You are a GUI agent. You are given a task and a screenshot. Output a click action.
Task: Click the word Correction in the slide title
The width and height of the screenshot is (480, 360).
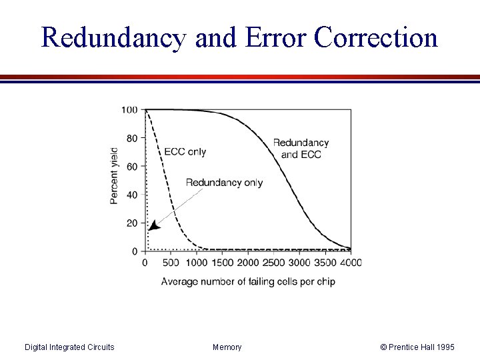[x=375, y=38]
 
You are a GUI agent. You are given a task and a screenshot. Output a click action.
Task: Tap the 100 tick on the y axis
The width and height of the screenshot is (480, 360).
[x=130, y=110]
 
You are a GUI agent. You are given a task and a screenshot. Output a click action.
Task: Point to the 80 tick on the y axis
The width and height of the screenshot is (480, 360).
[x=132, y=139]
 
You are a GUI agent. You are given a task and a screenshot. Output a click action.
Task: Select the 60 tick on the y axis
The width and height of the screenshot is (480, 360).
[x=132, y=167]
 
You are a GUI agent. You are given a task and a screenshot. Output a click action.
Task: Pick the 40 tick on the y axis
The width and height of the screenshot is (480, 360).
[x=132, y=195]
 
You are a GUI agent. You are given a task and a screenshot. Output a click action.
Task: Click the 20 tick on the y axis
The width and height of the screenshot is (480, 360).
[x=132, y=223]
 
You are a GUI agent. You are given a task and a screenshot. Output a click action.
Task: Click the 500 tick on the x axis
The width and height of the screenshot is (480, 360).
[x=171, y=263]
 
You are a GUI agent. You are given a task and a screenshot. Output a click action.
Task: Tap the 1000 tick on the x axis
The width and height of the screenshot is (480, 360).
[x=197, y=263]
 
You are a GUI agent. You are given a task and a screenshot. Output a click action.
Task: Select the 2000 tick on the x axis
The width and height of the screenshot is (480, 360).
[x=248, y=263]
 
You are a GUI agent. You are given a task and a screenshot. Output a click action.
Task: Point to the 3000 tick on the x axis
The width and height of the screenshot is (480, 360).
[x=299, y=263]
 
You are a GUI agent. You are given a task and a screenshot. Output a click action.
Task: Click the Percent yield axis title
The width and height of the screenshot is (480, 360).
[x=114, y=175]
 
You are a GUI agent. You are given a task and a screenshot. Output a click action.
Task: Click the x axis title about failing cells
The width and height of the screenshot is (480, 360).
[x=248, y=281]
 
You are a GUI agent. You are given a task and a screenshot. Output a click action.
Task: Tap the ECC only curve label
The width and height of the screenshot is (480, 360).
[x=185, y=151]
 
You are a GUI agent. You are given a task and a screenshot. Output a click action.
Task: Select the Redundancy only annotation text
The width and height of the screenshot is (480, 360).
[x=224, y=183]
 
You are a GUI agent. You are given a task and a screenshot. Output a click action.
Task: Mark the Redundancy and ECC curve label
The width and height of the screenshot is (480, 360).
[x=301, y=149]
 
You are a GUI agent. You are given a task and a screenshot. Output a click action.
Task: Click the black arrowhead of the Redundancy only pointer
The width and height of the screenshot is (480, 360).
[x=153, y=226]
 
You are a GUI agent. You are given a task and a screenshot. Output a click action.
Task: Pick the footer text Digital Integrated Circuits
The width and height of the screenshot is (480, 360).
[x=69, y=347]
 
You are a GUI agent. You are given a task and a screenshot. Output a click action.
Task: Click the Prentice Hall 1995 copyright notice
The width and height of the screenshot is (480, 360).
[x=417, y=347]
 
